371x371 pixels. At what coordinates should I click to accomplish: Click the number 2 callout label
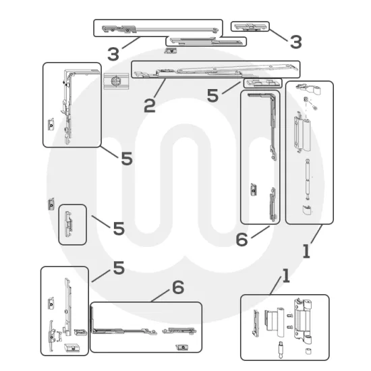(150, 105)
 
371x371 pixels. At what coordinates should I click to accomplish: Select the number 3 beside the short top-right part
(295, 42)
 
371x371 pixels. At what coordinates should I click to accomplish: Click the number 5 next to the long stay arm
(213, 96)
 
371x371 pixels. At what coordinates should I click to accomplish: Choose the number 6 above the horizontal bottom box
(177, 288)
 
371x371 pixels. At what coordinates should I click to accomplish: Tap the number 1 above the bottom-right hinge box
(285, 275)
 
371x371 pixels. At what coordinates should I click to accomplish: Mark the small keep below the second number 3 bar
(171, 50)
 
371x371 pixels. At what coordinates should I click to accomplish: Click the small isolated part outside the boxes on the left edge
(51, 203)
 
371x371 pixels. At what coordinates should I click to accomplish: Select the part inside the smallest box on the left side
(69, 224)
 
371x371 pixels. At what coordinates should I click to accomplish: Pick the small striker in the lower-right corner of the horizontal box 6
(180, 347)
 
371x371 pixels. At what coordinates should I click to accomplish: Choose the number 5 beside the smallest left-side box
(118, 229)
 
